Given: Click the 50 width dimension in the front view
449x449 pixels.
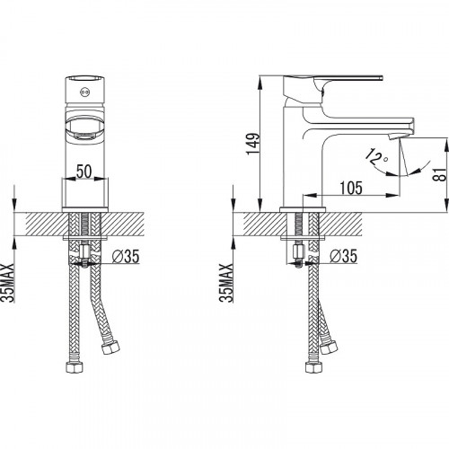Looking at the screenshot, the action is coord(84,172).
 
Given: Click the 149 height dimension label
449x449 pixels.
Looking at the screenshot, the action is coord(253,144).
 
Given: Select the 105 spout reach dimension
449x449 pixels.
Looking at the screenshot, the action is coord(351,188).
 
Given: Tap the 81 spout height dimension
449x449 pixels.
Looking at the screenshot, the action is coord(439,173).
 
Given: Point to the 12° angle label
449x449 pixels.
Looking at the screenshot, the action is coord(376,156).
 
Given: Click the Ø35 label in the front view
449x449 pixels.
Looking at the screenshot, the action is coord(126,257).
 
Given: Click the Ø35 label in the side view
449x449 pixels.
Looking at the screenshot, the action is coord(344,257).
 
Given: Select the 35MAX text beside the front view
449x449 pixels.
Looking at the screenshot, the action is coord(8,283).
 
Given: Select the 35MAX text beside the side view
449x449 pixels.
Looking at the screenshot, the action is coord(226,283).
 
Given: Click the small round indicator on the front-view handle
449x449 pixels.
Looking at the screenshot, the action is coord(84,92).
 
